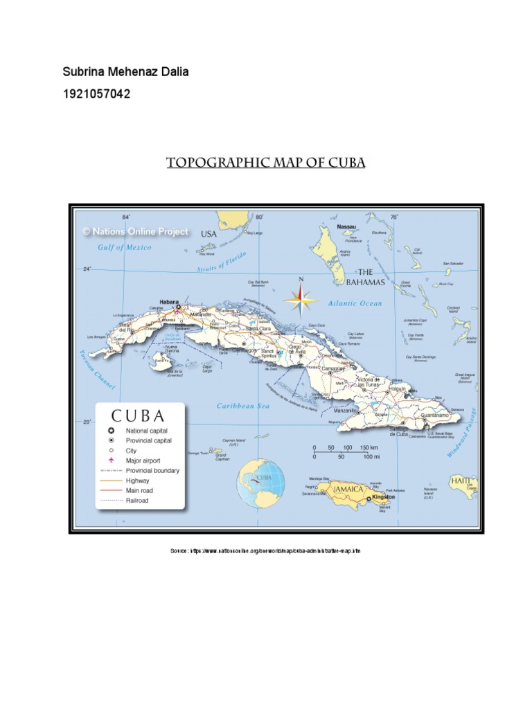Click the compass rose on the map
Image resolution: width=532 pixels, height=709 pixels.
click(301, 300)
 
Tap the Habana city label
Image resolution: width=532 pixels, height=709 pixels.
click(169, 302)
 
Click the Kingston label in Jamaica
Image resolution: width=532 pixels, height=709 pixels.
click(383, 497)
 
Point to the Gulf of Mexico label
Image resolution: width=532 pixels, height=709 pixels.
click(125, 247)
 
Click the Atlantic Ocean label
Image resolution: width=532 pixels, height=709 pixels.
click(355, 303)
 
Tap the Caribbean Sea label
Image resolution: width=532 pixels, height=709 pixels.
click(243, 406)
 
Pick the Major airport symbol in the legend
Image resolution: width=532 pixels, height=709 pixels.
click(111, 460)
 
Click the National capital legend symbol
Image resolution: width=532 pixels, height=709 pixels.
click(111, 431)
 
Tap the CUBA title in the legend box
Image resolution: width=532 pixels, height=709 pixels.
click(139, 416)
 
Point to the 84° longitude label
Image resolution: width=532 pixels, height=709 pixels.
click(127, 217)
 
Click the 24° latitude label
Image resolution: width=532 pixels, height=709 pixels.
click(87, 269)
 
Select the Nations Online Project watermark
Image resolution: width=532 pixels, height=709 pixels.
click(136, 232)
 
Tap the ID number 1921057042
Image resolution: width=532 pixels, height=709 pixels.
click(96, 93)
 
